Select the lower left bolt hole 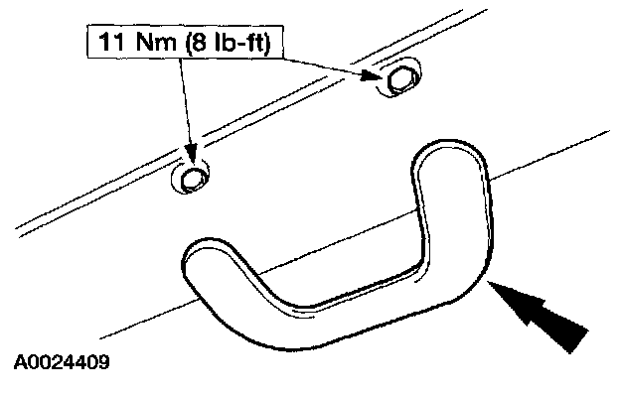[192, 178]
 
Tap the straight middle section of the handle [328, 316]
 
